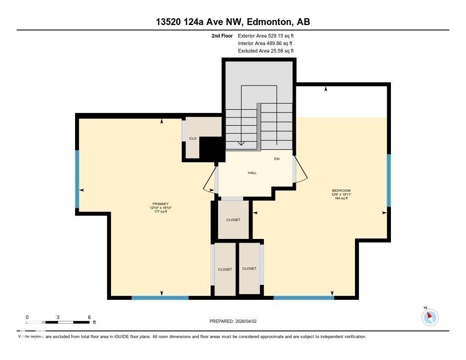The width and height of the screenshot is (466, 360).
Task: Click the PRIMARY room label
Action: (x=161, y=204)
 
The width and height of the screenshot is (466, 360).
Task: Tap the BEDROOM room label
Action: (x=341, y=191)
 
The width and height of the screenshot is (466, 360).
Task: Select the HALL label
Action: (x=252, y=173)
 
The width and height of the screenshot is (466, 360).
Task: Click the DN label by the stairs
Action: (x=276, y=159)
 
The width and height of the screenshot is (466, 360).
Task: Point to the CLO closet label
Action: (x=193, y=138)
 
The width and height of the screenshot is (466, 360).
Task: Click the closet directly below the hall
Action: (x=233, y=220)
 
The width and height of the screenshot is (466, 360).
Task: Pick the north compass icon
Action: (x=430, y=317)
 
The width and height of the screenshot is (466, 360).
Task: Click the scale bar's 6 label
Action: (x=89, y=317)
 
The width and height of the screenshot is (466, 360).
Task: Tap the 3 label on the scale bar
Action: (x=58, y=317)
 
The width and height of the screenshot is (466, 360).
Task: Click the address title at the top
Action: (x=233, y=22)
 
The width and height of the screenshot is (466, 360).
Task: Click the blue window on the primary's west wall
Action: (x=77, y=179)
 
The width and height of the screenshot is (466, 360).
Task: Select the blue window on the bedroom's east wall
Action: (x=389, y=180)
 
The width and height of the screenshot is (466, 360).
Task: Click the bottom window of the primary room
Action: (x=160, y=298)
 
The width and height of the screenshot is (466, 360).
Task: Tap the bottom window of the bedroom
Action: (x=304, y=298)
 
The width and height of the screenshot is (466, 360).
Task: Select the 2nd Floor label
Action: (x=223, y=35)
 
